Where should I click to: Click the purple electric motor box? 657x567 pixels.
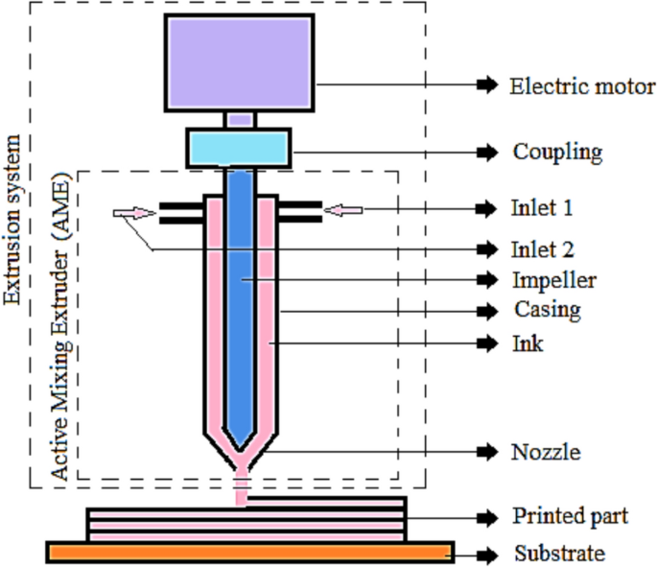239,62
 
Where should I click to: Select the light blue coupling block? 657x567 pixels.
239,148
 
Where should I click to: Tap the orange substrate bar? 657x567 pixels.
250,553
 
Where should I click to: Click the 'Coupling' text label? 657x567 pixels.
557,152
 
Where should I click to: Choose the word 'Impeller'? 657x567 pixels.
554,280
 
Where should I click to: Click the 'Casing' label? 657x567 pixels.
548,310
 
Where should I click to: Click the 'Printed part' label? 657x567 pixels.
570,517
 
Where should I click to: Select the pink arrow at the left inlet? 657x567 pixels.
134,213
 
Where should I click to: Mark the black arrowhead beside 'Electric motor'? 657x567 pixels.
485,85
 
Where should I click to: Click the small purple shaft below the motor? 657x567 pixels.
240,120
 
